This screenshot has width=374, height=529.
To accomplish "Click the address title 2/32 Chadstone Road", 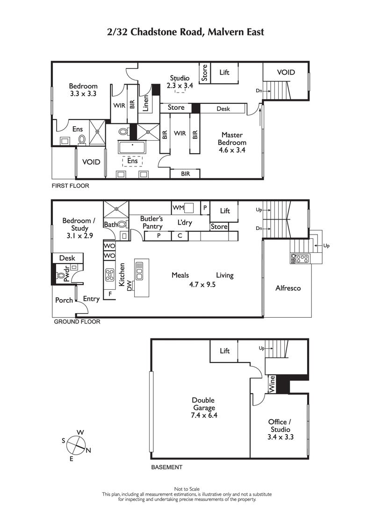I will [x=186, y=32].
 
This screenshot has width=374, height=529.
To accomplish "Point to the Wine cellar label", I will [x=272, y=384].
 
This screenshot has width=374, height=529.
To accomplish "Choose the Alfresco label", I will [x=288, y=288].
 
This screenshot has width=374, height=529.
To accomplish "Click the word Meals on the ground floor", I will [x=180, y=275].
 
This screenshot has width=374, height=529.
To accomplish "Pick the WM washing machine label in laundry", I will [x=178, y=207].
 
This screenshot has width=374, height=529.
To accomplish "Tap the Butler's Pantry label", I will [x=151, y=222].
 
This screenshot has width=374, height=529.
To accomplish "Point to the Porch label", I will [x=64, y=300].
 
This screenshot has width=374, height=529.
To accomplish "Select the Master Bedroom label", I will [x=232, y=142].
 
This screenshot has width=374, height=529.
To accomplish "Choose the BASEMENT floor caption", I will [x=166, y=467].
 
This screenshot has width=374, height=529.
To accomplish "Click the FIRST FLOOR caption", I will [x=70, y=186].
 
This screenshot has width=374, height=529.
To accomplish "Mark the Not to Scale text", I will [x=187, y=489].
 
